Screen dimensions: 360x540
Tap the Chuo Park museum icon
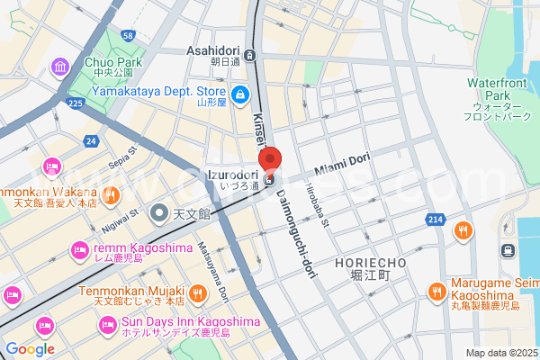61,67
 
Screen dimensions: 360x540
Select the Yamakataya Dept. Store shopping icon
240,94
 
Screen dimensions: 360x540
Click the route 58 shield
129,35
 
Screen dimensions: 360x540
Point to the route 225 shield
75,104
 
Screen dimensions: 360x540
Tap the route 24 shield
90,141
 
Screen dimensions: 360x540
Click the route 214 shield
436,219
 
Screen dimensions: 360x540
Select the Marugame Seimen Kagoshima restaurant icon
436,291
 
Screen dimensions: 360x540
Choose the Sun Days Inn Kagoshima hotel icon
108,323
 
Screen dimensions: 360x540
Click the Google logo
30,349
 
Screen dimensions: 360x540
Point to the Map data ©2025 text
500,352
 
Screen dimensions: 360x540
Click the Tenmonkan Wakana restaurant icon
110,193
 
